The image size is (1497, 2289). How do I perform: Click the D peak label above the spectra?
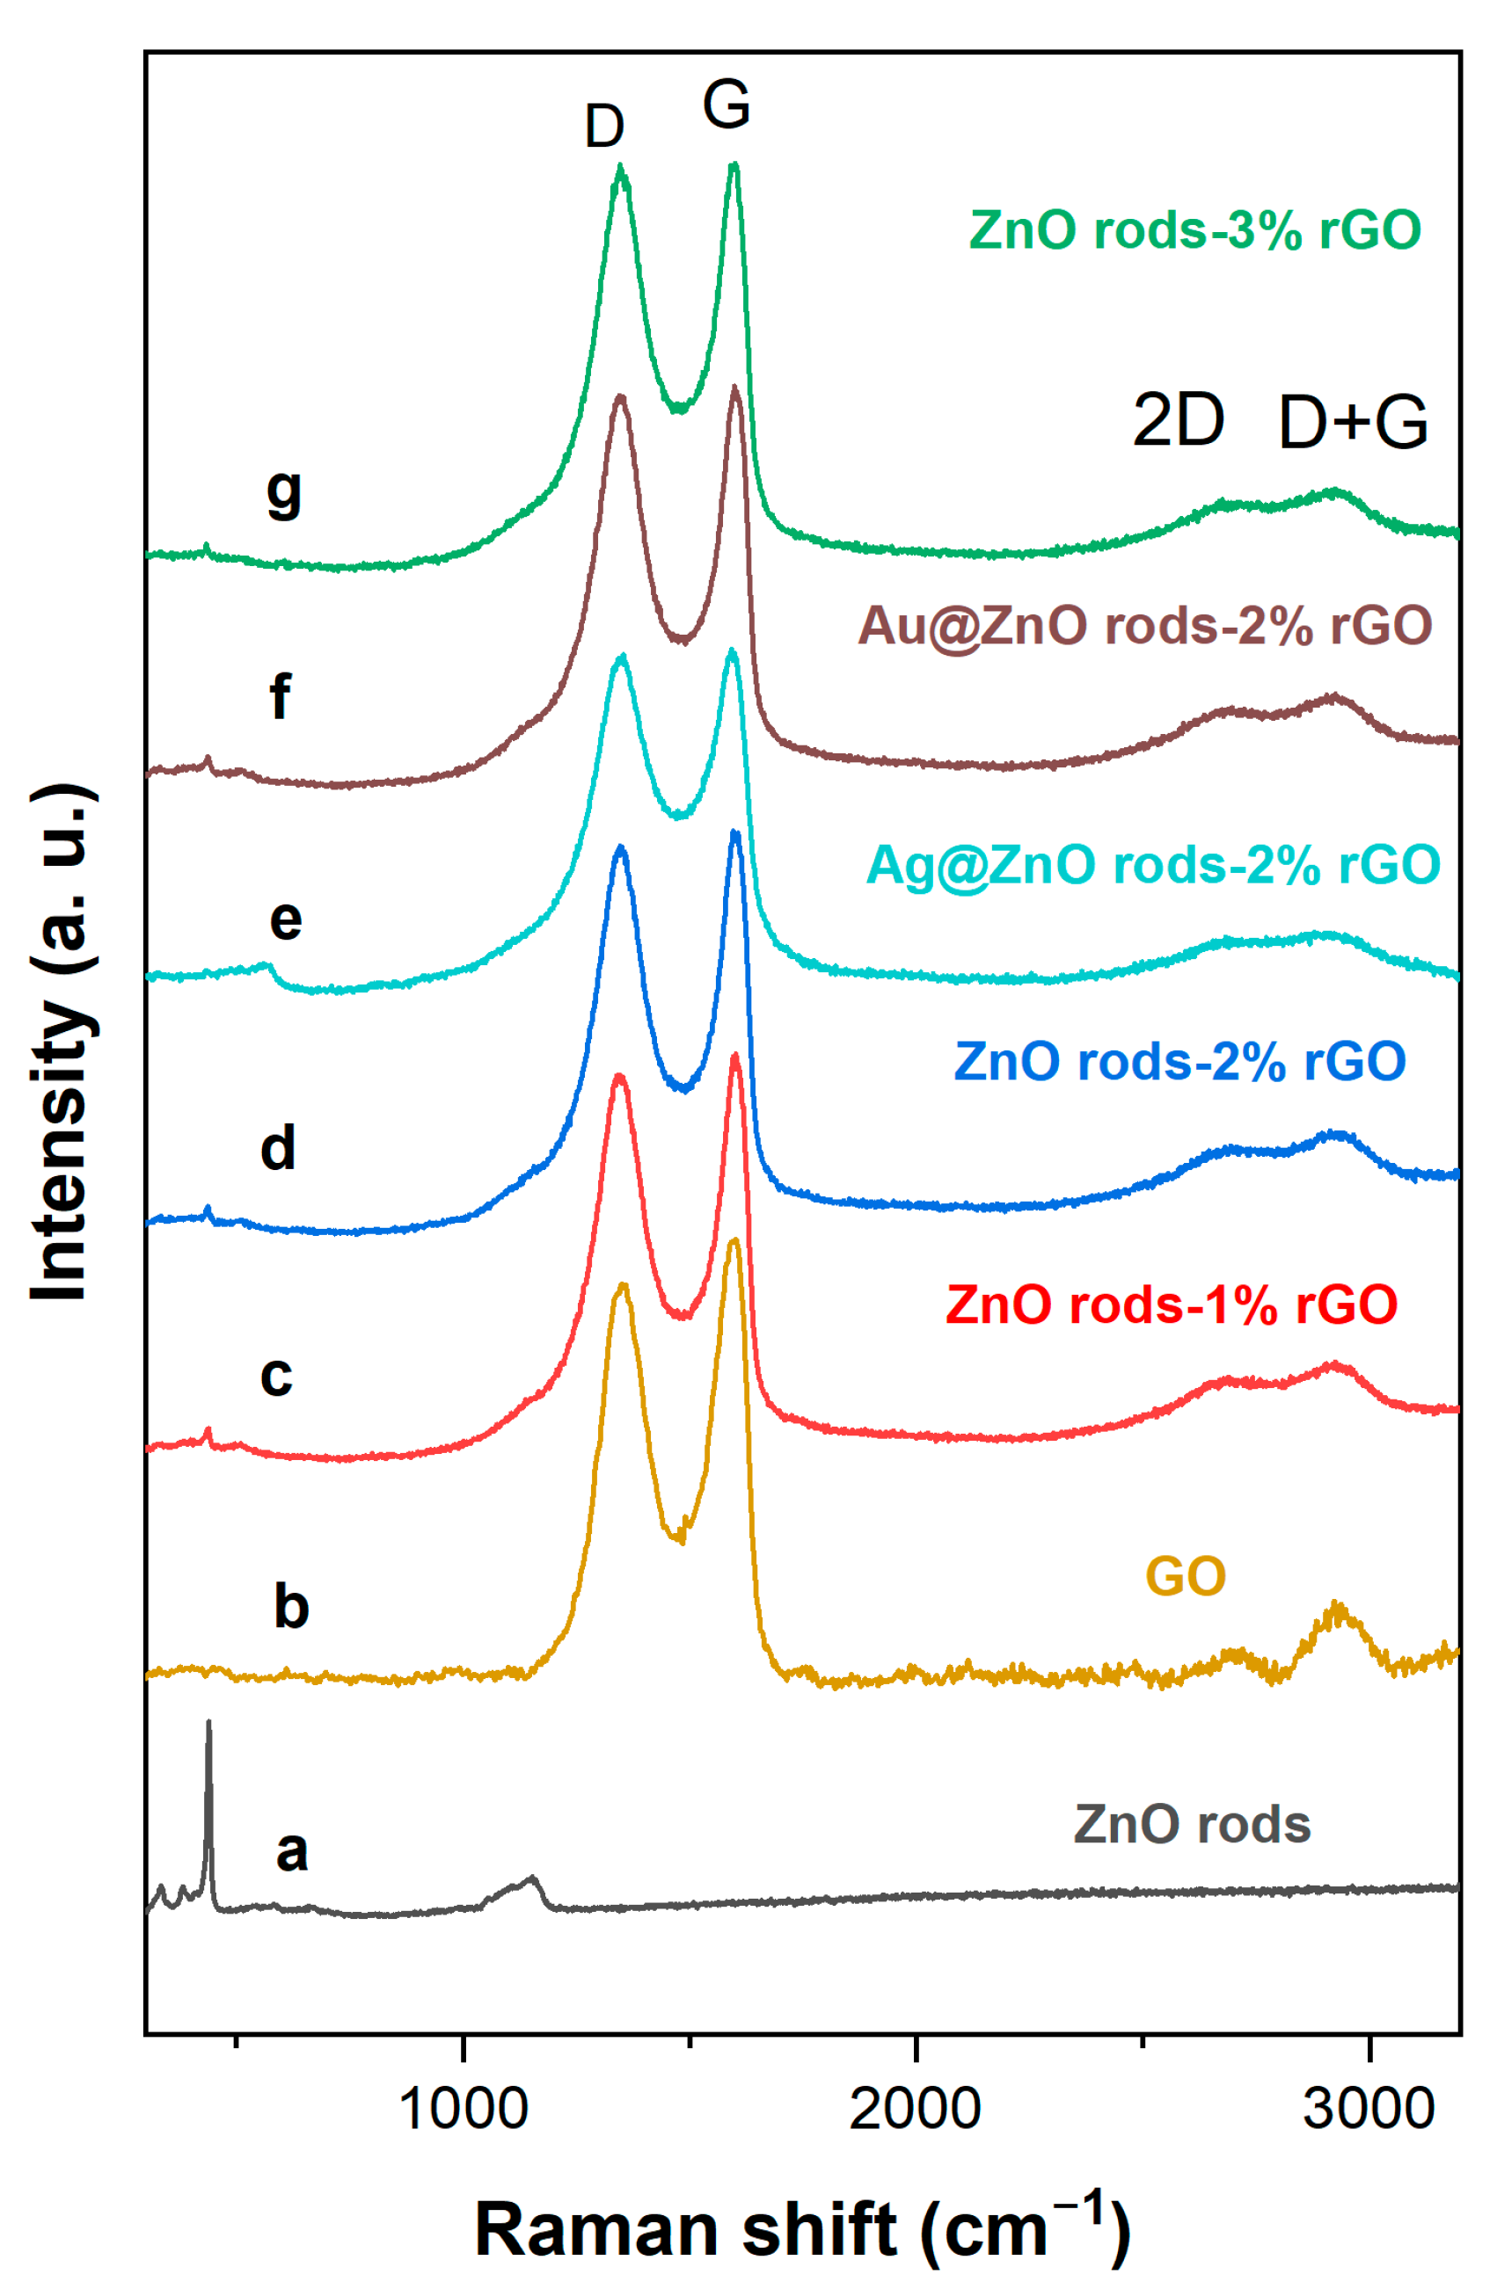[x=604, y=127]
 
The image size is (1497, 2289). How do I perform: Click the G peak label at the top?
[x=726, y=104]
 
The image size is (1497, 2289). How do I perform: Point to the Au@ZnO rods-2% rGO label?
[x=1144, y=626]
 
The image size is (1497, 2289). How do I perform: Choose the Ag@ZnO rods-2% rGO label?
[x=1152, y=865]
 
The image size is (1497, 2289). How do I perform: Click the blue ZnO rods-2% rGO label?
[x=1179, y=1062]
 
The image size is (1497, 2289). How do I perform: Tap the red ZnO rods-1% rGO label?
[x=1170, y=1305]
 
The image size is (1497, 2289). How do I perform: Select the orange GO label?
[x=1185, y=1576]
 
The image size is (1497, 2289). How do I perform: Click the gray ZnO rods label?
[x=1191, y=1825]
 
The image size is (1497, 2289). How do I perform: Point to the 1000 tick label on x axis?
[x=463, y=2109]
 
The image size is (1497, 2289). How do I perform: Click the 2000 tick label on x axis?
[x=914, y=2109]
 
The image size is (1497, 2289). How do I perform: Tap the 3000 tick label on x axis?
[x=1367, y=2109]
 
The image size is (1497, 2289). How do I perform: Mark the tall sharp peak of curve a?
[x=208, y=1726]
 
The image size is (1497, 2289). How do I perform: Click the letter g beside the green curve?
[x=284, y=493]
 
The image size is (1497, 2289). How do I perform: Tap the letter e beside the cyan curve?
[x=286, y=920]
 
